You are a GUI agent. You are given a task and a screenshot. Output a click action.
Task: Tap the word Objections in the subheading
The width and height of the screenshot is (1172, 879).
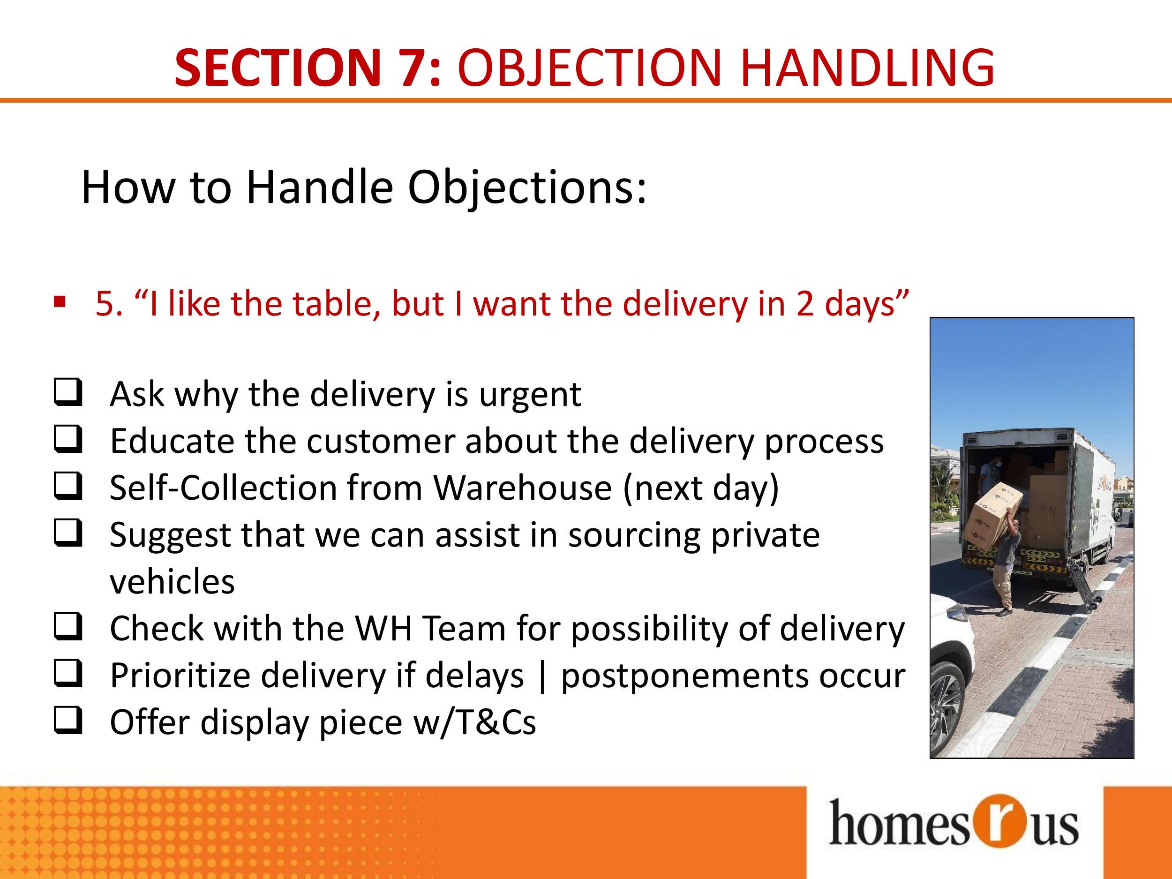(x=527, y=188)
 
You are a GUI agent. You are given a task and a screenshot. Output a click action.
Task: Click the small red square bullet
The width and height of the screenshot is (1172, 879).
(x=60, y=302)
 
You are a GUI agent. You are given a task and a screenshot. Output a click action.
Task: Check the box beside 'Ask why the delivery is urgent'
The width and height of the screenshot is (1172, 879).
(x=68, y=392)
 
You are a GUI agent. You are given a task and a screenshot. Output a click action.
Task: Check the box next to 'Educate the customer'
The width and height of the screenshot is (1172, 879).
(x=68, y=439)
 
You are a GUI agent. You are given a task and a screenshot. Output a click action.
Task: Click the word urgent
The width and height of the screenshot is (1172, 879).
(x=530, y=395)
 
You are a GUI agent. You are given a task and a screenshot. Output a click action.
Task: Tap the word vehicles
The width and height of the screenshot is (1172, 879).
(x=172, y=582)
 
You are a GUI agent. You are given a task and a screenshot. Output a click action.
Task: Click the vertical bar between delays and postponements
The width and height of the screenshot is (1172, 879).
(x=541, y=676)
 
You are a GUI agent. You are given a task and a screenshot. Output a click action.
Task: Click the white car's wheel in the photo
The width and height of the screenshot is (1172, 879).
(x=948, y=707)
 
